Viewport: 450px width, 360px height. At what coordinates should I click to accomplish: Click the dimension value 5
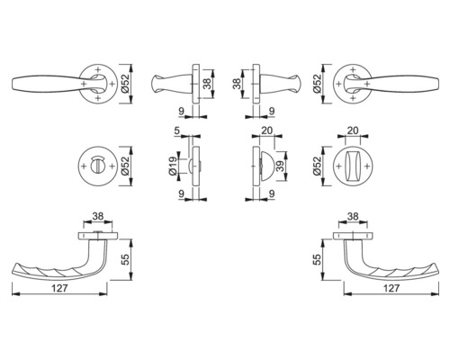point(176,130)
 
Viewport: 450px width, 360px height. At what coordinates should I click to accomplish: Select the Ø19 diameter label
point(173,166)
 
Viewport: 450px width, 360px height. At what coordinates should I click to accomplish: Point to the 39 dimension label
point(280,166)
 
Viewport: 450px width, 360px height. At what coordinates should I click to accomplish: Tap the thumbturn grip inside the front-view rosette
point(353,166)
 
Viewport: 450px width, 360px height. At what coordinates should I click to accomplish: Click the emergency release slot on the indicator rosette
point(97,166)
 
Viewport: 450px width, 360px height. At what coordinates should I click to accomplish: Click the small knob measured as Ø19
point(191,166)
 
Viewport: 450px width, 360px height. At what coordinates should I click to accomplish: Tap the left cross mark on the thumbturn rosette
point(339,166)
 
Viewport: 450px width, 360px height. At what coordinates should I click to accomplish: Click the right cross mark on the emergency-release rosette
point(112,166)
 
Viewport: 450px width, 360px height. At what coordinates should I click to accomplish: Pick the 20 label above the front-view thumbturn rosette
point(353,130)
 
